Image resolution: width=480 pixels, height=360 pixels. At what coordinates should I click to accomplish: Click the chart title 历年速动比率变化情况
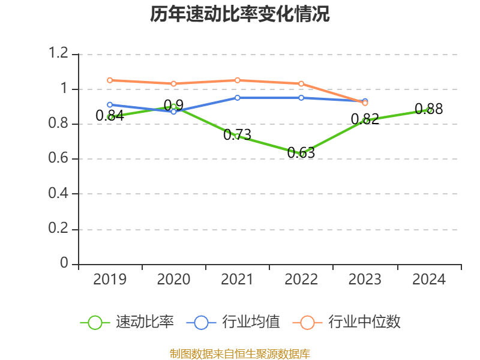(x=240, y=14)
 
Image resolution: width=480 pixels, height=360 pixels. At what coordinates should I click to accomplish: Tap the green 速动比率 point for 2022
(x=302, y=154)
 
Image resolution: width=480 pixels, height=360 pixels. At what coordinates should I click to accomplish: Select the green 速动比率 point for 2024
(x=429, y=110)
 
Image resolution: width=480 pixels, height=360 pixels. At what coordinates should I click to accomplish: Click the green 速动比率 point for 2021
(x=238, y=136)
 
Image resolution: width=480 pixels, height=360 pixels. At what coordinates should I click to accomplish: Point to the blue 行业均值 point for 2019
(x=110, y=104)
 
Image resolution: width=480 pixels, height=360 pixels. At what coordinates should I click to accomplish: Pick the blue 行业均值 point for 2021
(x=238, y=97)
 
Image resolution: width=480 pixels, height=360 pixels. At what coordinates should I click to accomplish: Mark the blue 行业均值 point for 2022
(x=301, y=97)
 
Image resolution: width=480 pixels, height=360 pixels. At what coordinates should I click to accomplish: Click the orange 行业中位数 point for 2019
(x=110, y=80)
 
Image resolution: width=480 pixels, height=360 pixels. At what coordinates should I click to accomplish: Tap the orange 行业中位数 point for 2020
(x=173, y=83)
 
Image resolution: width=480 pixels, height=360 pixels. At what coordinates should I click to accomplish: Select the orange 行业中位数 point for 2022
(x=301, y=83)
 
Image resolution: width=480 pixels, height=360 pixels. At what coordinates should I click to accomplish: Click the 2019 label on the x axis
(x=110, y=280)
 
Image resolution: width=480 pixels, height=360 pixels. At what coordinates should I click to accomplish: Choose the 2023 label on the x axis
(x=365, y=280)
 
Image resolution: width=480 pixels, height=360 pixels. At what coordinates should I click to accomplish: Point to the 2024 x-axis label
(x=429, y=280)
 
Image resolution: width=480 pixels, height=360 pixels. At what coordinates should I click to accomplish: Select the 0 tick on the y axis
(x=65, y=264)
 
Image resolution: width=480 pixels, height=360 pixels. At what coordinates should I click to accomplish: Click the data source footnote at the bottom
(x=240, y=353)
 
